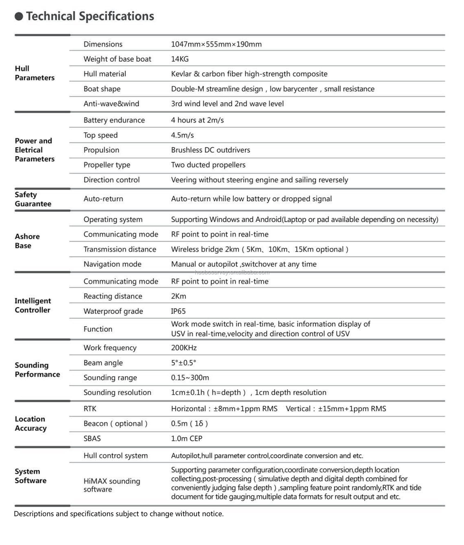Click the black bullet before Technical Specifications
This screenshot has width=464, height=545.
tap(19, 16)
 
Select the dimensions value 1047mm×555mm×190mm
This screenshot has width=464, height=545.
tap(216, 44)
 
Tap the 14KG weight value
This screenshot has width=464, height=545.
tap(180, 59)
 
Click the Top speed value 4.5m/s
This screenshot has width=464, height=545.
tap(182, 135)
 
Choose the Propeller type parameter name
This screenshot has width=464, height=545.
tap(107, 165)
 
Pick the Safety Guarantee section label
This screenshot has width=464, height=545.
tap(33, 199)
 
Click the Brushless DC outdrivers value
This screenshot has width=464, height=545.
tap(210, 150)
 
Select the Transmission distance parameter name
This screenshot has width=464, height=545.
tap(120, 249)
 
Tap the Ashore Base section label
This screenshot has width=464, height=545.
tap(27, 241)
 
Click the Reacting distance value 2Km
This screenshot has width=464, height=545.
tap(179, 296)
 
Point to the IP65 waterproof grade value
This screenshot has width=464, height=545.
tap(178, 311)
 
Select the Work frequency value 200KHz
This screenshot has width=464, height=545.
tap(184, 348)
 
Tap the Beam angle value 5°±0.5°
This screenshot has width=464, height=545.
tap(184, 363)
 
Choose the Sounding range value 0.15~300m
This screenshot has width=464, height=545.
tap(190, 378)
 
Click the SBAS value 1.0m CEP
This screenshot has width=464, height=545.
tap(187, 439)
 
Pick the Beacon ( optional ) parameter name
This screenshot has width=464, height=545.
tap(115, 423)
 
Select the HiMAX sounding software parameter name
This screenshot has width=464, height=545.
tap(112, 485)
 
